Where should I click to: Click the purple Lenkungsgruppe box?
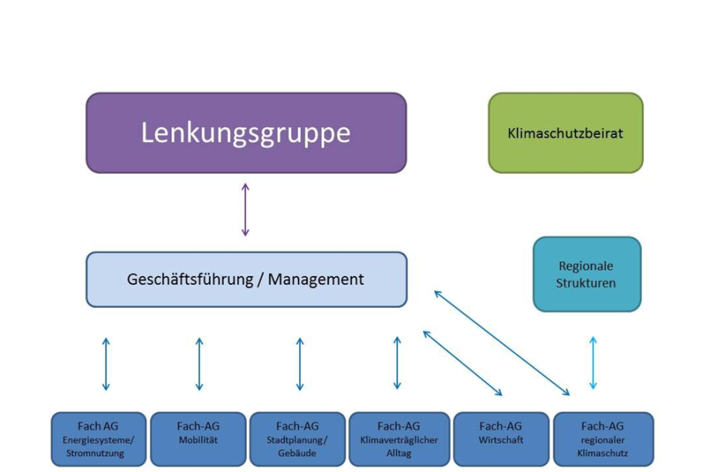point(245,133)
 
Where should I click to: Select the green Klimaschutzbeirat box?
point(565,133)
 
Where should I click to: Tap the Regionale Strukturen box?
point(587,274)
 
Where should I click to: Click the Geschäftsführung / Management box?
point(245,279)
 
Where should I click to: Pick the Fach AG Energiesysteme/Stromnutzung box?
point(99,439)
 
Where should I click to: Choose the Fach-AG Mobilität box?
point(198,439)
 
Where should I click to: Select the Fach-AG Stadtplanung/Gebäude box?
point(298,439)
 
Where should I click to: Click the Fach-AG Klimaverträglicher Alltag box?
point(399,439)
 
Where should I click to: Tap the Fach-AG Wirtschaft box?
point(501,439)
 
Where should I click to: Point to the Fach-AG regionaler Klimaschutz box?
point(603,439)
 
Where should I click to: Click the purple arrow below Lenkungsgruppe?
point(245,209)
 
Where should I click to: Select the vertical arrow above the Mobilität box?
point(199,363)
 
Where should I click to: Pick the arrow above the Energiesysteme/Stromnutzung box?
point(106,363)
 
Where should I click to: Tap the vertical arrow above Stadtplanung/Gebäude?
point(299,363)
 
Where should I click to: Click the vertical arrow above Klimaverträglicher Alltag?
point(397,362)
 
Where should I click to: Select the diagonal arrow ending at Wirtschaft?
point(462,362)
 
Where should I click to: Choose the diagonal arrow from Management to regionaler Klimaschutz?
point(502,342)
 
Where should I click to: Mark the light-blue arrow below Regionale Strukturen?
point(593,362)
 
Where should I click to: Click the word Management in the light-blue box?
point(316,279)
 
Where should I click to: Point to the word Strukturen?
point(587,283)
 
